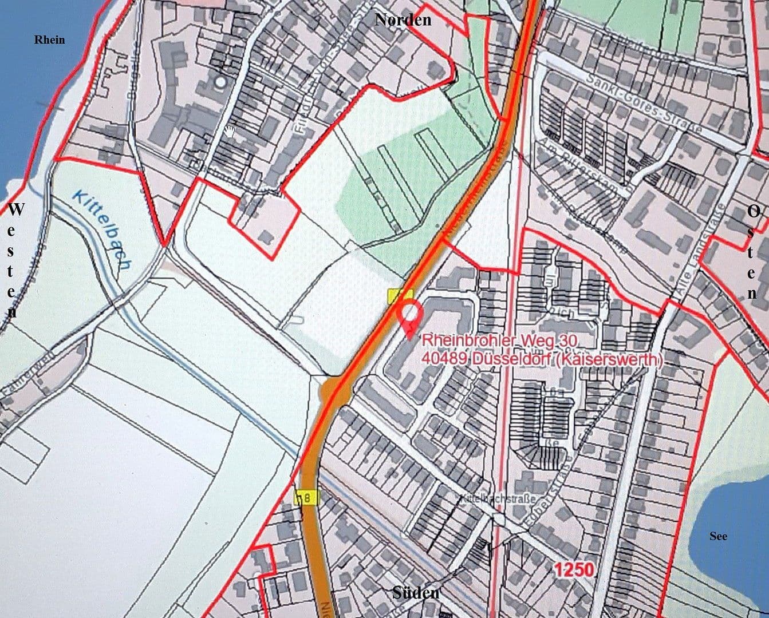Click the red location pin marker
point(410,316)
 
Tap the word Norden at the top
point(403,19)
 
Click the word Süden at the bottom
point(416,593)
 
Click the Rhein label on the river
point(49,39)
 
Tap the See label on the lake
point(718,536)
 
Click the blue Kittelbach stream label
point(102,229)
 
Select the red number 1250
point(573,569)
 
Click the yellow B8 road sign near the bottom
point(306,498)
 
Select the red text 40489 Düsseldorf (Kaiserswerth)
point(542,359)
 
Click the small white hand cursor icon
point(230,132)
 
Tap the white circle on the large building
point(219,82)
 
